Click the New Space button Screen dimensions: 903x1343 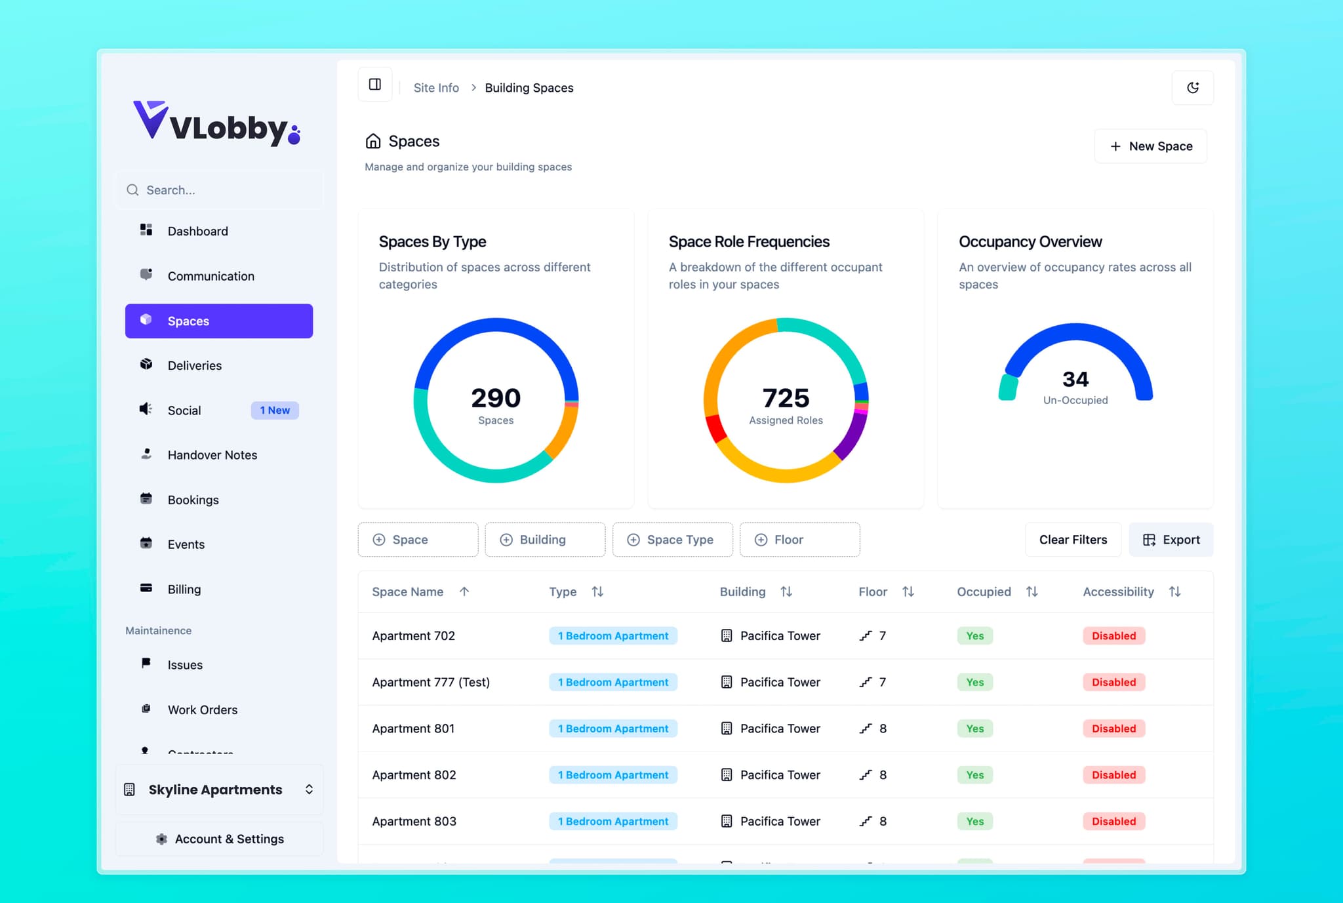[1150, 146]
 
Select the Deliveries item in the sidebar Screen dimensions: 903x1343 [194, 365]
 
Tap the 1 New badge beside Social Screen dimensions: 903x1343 [275, 411]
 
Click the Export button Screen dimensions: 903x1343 [1171, 540]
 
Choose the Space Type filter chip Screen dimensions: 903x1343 [672, 540]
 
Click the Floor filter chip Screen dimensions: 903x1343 [799, 540]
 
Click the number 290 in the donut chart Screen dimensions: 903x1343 [496, 398]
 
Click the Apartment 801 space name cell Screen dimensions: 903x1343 [413, 729]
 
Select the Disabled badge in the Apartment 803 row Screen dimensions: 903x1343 [1113, 821]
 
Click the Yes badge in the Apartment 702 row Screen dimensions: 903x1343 [974, 636]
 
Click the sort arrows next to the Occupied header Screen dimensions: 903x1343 [1032, 592]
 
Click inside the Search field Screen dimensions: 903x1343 [223, 190]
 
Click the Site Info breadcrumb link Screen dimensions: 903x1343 [436, 88]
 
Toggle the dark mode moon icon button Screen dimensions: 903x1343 [1192, 88]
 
